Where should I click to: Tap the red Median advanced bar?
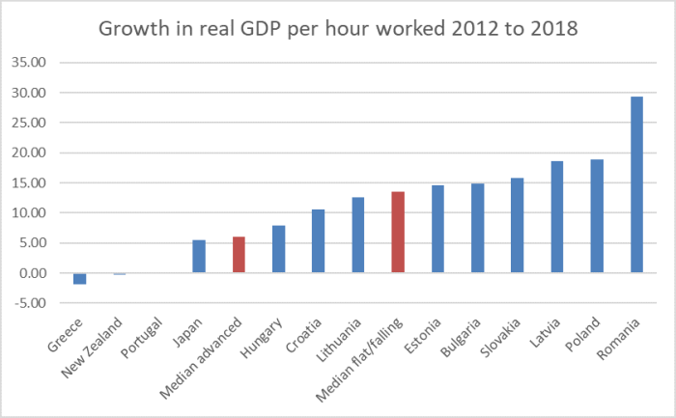tap(239, 255)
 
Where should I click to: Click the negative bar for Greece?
tap(79, 278)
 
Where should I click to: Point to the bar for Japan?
tap(199, 256)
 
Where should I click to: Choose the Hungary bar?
tap(278, 249)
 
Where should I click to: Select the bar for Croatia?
tap(318, 240)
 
